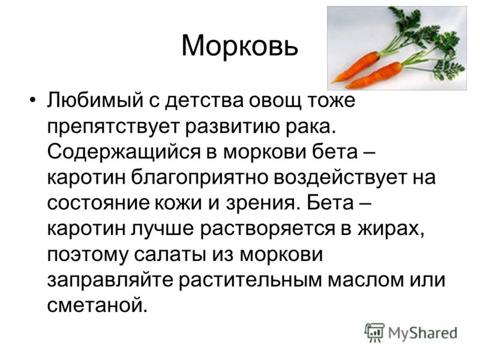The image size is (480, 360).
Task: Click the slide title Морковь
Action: pos(239,46)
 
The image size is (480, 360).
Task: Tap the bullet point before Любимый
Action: pos(33,100)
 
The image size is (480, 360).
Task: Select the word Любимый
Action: pos(95,100)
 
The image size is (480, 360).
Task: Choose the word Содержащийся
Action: pos(124,152)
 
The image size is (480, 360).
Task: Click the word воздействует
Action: pos(340,177)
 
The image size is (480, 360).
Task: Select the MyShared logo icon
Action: pos(374,332)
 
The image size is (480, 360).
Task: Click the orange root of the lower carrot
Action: pos(375,75)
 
